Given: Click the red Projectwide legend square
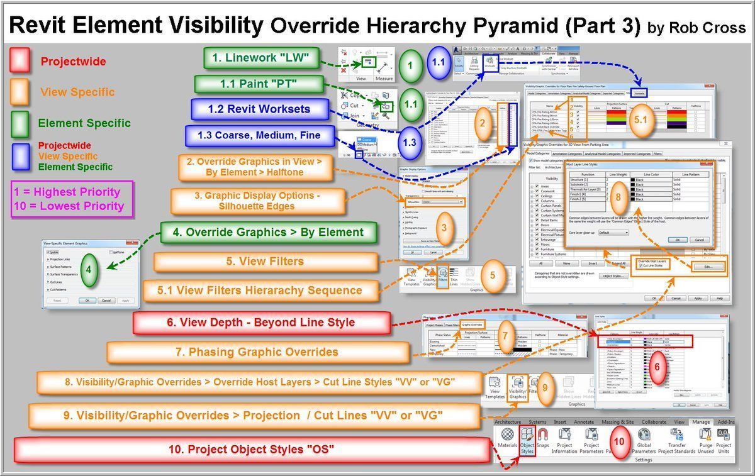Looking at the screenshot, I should pyautogui.click(x=20, y=61).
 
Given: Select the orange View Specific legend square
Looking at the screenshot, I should pyautogui.click(x=20, y=92).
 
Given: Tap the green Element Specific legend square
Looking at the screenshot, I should pyautogui.click(x=20, y=123).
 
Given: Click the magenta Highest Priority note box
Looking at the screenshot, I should pyautogui.click(x=72, y=199).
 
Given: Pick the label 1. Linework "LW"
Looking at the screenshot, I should pyautogui.click(x=260, y=58).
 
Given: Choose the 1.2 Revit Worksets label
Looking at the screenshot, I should pyautogui.click(x=260, y=109).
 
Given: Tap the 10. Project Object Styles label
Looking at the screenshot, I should pyautogui.click(x=252, y=449).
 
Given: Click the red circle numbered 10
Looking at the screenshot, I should pyautogui.click(x=620, y=442).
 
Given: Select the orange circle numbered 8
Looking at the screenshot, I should pyautogui.click(x=618, y=196).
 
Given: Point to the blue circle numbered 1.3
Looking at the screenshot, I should pyautogui.click(x=409, y=142).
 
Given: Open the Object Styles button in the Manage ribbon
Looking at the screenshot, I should pyautogui.click(x=527, y=441).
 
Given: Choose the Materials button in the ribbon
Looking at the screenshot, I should pyautogui.click(x=507, y=441).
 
